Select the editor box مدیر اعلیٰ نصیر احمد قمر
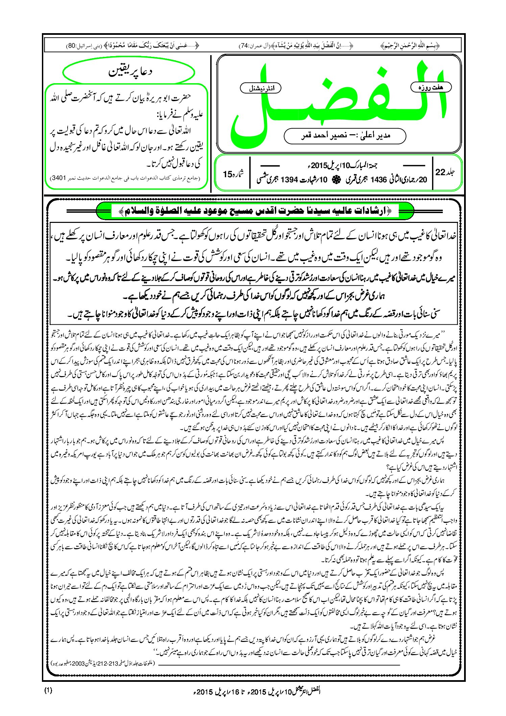(345, 136)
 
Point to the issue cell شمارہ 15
(233, 174)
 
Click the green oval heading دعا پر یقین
(129, 72)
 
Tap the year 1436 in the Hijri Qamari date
(378, 180)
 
